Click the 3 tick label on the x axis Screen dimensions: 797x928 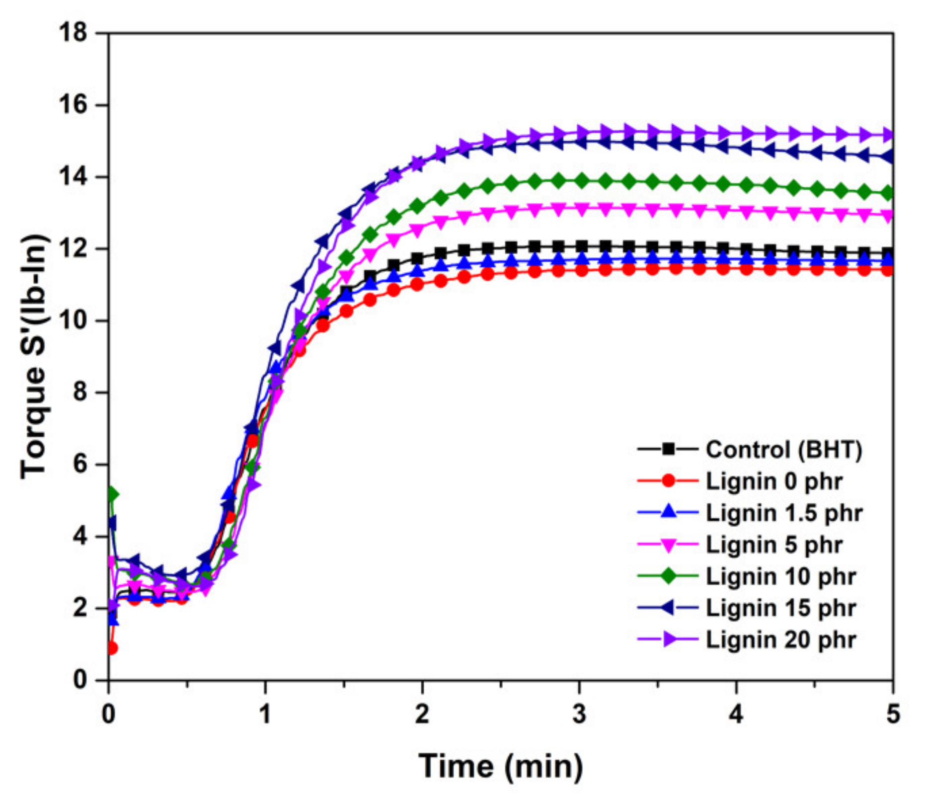pyautogui.click(x=579, y=715)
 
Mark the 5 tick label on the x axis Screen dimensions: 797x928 pyautogui.click(x=893, y=715)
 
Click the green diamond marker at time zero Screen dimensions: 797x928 pyautogui.click(x=112, y=494)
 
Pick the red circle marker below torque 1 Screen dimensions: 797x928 pyautogui.click(x=112, y=648)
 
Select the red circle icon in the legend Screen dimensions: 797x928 pyautogui.click(x=668, y=481)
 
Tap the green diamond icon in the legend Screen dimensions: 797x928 pyautogui.click(x=668, y=576)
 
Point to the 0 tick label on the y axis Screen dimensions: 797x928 pyautogui.click(x=80, y=679)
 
